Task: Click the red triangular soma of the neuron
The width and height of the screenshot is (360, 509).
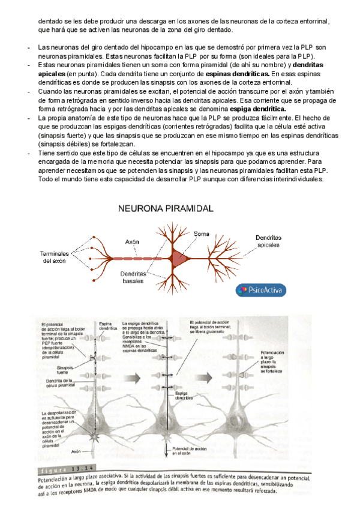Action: tap(178, 259)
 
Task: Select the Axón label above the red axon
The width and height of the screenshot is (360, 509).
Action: tap(133, 241)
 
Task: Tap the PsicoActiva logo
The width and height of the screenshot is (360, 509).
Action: tap(261, 290)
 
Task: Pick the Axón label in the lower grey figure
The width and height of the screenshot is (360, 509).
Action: tap(76, 450)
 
